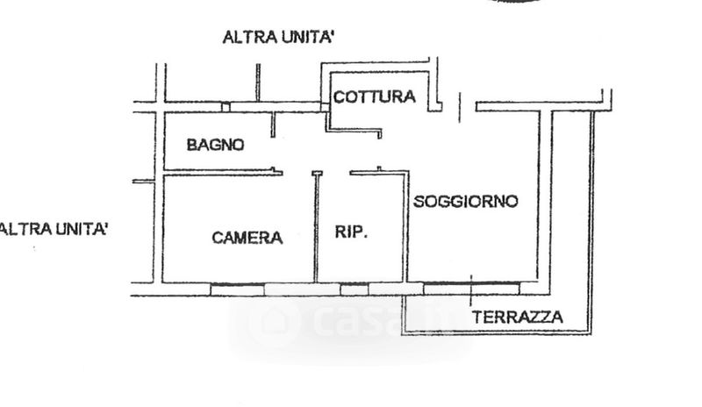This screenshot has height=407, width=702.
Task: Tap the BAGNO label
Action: (x=215, y=146)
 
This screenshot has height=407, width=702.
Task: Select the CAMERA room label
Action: (x=247, y=238)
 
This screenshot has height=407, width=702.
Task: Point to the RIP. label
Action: (x=352, y=232)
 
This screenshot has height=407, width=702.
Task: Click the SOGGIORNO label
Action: (x=466, y=202)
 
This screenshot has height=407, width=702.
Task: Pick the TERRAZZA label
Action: (x=518, y=318)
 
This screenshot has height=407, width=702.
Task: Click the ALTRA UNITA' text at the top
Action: (x=280, y=38)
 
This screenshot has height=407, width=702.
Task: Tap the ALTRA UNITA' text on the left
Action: (x=54, y=230)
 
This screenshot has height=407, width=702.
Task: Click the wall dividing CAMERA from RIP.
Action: (x=317, y=228)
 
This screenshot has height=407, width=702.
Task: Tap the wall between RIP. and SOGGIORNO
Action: (x=405, y=228)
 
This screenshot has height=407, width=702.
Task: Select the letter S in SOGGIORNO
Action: (x=419, y=202)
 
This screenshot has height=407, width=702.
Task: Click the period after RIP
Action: (x=366, y=238)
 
